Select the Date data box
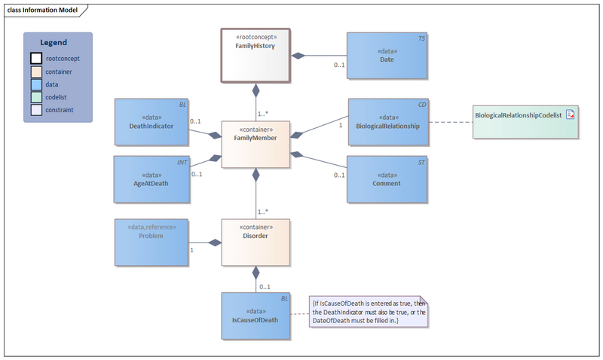coord(387,56)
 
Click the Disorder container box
coord(256,242)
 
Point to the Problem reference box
coord(152,242)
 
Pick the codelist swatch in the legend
coord(36,98)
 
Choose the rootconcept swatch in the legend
coord(36,58)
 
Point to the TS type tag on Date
coord(421,37)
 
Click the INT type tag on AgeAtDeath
coord(182,161)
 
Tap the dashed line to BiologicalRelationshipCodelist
coord(450,122)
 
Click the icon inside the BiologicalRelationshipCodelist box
coord(570,114)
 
